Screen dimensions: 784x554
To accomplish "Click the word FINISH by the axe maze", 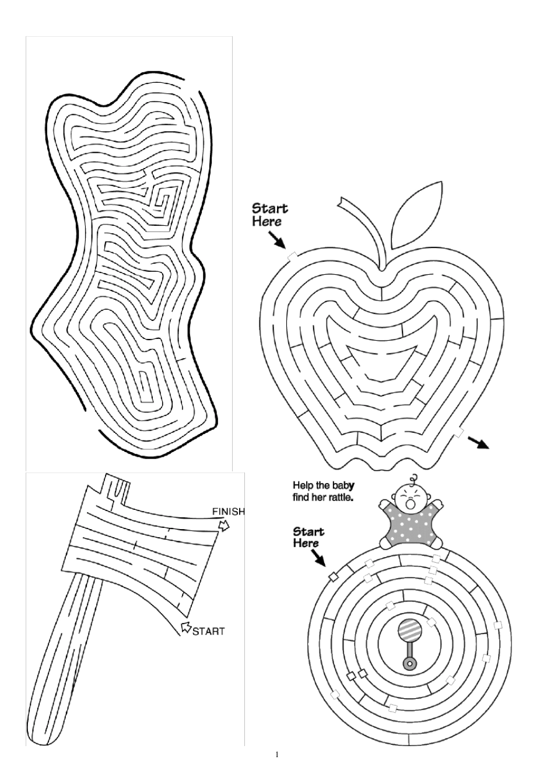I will [228, 512].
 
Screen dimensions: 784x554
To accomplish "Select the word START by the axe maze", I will [208, 631].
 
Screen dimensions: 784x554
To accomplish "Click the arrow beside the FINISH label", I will [223, 526].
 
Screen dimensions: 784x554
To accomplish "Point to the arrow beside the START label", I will [186, 628].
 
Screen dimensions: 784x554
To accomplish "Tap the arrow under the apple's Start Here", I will [276, 239].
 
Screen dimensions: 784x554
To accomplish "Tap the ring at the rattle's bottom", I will [410, 663].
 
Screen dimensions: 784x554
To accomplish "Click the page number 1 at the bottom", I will [277, 755].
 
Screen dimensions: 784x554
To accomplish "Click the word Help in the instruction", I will [303, 485].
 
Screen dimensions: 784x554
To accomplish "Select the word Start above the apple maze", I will [269, 208].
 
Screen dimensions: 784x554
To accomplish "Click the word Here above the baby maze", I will [306, 544].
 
